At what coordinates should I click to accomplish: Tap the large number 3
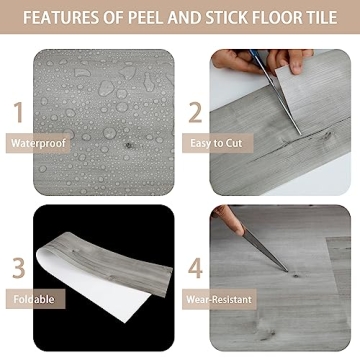(17, 268)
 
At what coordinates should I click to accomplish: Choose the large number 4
(196, 268)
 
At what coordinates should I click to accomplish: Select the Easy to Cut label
(216, 143)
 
